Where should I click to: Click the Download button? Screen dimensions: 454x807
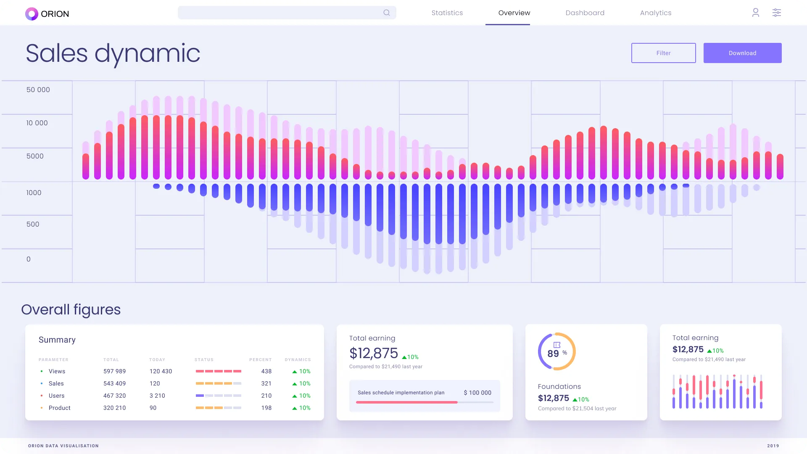[x=742, y=53]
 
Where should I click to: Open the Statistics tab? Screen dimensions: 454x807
[x=447, y=13]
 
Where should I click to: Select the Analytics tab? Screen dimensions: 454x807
[x=655, y=13]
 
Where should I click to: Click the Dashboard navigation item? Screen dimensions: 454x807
[x=585, y=13]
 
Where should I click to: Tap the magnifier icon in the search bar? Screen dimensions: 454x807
[x=386, y=13]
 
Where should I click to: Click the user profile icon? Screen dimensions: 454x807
[x=755, y=13]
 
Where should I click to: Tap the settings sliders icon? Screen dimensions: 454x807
[x=776, y=13]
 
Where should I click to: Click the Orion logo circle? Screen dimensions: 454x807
[x=32, y=14]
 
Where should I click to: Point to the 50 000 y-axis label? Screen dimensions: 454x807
[x=38, y=90]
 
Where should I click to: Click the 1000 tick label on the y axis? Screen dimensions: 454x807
[x=34, y=193]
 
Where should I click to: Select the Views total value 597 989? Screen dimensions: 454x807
[x=114, y=371]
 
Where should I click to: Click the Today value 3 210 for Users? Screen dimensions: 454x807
[x=157, y=396]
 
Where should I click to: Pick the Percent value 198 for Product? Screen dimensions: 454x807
[x=266, y=408]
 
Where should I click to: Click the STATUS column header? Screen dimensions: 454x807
[x=204, y=360]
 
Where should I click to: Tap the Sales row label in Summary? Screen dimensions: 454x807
[x=56, y=383]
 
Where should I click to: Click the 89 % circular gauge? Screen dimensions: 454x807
[x=556, y=351]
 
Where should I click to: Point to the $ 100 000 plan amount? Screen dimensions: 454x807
[x=477, y=393]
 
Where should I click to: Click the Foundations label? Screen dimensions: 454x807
[x=559, y=386]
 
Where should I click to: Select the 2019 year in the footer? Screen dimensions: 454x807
[x=773, y=446]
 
